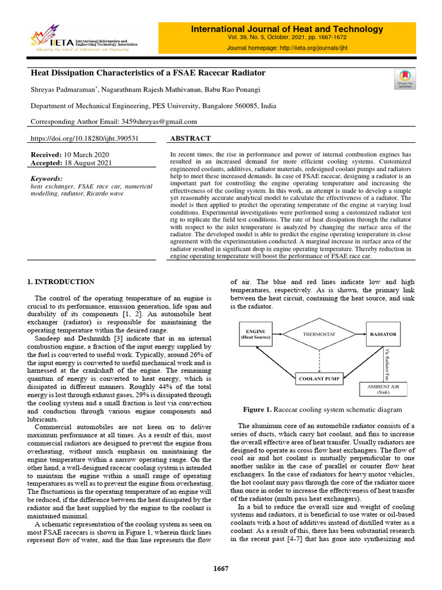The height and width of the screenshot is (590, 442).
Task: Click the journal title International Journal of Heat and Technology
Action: point(287,29)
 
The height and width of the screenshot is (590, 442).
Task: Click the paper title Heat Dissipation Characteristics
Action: point(148,73)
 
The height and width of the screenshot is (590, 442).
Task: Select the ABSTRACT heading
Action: point(191,139)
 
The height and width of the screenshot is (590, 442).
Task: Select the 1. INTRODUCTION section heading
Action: point(61,282)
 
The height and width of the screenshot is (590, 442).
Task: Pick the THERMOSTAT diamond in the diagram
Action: point(319,334)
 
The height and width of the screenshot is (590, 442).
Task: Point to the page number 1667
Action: point(221,569)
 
